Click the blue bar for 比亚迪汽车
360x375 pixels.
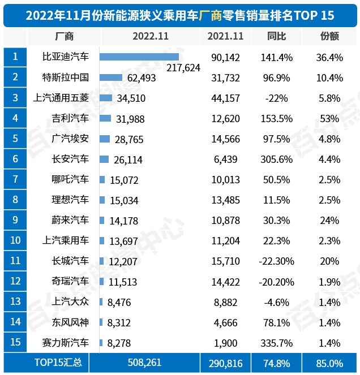(139, 57)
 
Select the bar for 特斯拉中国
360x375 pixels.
(111, 77)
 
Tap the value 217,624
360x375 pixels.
(185, 67)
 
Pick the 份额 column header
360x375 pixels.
(329, 36)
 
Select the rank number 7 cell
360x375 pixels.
(15, 179)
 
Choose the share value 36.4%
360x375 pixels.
(329, 57)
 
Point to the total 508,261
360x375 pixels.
(148, 363)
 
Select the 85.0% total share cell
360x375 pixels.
(329, 363)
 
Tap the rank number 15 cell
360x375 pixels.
(15, 343)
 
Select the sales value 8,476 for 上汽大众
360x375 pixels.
(119, 302)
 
